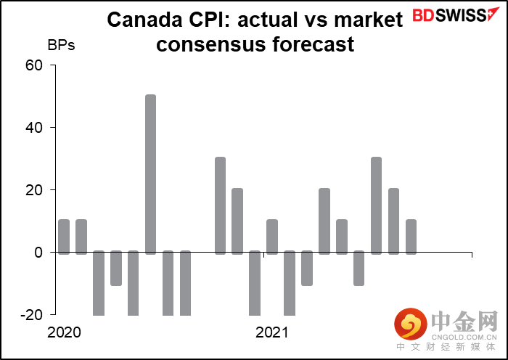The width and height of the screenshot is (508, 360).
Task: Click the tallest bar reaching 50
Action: click(x=150, y=174)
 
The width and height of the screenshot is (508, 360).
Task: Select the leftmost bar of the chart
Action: click(x=64, y=237)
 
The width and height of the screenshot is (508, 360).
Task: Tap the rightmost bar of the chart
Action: click(x=411, y=237)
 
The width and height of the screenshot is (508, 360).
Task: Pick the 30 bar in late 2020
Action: click(x=220, y=205)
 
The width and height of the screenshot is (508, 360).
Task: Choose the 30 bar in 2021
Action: click(x=376, y=205)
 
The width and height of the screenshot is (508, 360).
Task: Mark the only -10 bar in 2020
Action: click(x=116, y=269)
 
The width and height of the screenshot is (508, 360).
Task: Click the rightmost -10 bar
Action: click(x=359, y=269)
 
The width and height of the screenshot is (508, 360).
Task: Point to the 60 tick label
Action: click(x=35, y=65)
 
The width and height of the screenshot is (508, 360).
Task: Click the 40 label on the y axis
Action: click(x=35, y=128)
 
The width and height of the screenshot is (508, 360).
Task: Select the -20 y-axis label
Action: click(x=33, y=315)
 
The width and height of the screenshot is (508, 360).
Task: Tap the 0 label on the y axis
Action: click(x=39, y=253)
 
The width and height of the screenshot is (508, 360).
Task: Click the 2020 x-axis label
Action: click(x=64, y=333)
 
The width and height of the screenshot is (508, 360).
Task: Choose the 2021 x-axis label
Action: click(x=271, y=333)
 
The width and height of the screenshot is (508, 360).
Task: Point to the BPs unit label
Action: click(x=61, y=44)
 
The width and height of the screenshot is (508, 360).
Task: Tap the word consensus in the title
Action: click(x=210, y=44)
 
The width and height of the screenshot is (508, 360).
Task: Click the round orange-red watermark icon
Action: click(x=410, y=325)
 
